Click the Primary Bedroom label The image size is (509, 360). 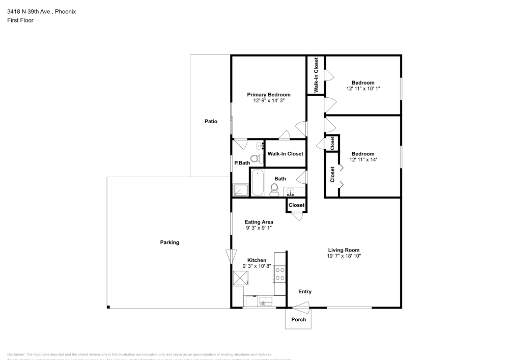(269, 95)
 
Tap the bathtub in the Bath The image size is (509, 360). (258, 183)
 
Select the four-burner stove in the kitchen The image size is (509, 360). (279, 275)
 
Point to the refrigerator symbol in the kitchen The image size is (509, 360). (241, 279)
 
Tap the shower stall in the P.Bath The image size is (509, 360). (240, 190)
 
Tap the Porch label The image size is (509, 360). (298, 320)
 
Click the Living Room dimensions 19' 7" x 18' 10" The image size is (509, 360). (344, 256)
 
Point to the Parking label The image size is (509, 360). (169, 242)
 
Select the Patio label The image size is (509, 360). (211, 121)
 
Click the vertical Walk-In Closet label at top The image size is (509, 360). (316, 75)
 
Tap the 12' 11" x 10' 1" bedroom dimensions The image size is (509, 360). (363, 89)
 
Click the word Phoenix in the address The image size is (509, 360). (66, 11)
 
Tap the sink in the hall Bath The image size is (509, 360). (291, 192)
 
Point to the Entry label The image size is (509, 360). (304, 292)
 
